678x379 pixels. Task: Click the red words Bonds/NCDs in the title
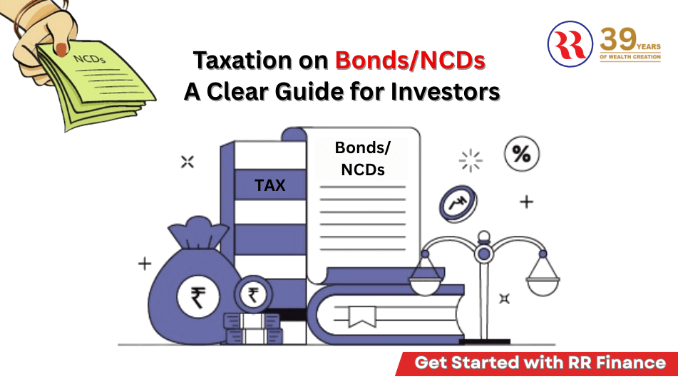410,61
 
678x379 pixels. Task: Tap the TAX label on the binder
269,186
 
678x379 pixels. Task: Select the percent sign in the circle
522,154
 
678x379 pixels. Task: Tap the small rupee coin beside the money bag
253,294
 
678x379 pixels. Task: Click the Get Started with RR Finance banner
540,363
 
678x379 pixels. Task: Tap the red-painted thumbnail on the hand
63,48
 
